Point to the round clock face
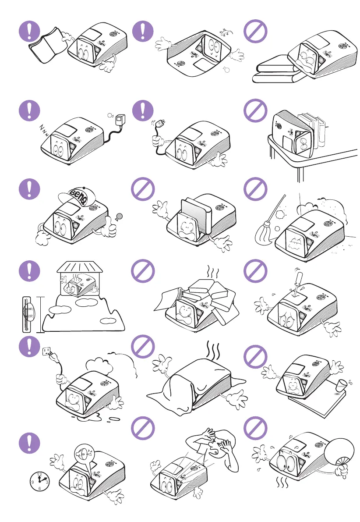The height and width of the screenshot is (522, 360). point(39,481)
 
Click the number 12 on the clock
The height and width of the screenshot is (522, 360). point(39,474)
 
